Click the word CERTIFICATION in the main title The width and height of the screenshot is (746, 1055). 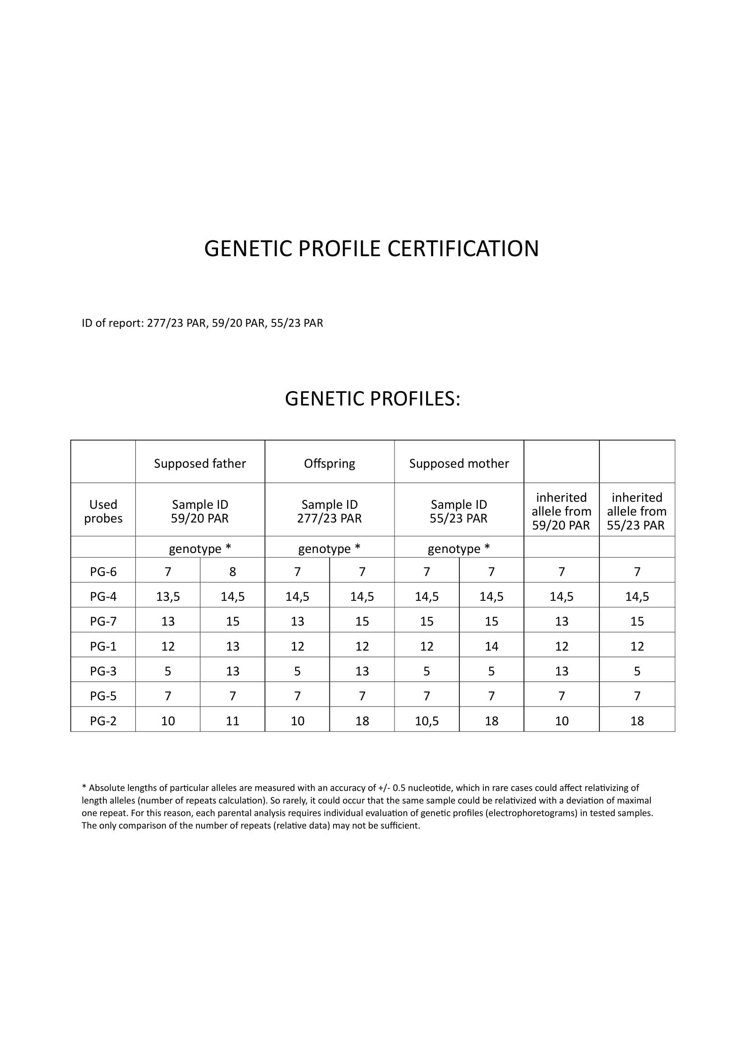pos(463,249)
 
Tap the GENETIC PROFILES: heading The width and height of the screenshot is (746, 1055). pos(372,398)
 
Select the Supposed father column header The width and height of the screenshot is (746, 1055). pos(200,463)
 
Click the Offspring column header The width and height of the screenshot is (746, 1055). pos(329,463)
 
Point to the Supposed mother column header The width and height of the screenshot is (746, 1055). pos(459,463)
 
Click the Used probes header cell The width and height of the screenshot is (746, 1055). pos(103,511)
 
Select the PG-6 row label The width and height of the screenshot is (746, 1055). pos(103,571)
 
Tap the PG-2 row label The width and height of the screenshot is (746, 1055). pos(103,720)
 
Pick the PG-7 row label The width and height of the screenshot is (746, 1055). pos(103,621)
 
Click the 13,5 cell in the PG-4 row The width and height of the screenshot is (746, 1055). pos(168,596)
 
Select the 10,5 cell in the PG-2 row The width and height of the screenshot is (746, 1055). pos(426,720)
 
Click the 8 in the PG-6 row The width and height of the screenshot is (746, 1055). pos(232,571)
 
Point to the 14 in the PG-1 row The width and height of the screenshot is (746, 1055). pos(491,646)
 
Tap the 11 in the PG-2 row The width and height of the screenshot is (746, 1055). pos(232,720)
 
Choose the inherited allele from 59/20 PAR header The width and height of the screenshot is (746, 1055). pos(561,511)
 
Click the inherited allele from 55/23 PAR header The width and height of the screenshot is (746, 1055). pos(637,511)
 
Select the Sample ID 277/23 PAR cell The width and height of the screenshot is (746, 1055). pos(329,511)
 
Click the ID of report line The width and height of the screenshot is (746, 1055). pos(202,323)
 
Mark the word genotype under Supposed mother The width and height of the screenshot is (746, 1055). pos(454,548)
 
